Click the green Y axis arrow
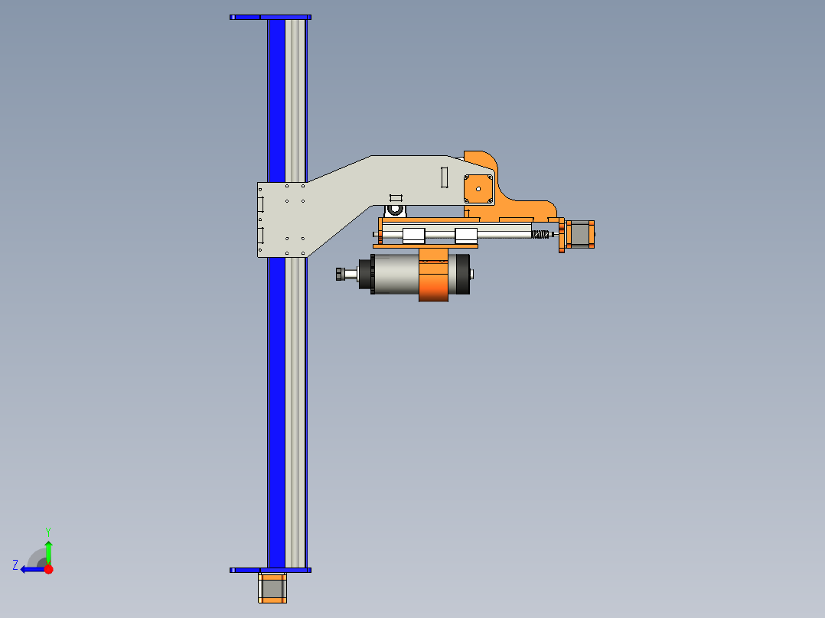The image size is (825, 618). (x=48, y=551)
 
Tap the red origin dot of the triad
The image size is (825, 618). (x=48, y=569)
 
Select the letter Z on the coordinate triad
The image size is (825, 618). (x=15, y=565)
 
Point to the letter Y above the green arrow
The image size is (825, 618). (x=47, y=531)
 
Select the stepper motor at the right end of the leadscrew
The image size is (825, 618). (x=580, y=235)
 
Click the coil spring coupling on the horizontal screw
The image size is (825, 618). (x=541, y=235)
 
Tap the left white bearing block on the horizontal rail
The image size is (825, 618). (x=413, y=236)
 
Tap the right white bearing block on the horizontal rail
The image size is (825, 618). (x=465, y=236)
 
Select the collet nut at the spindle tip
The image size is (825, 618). (x=341, y=274)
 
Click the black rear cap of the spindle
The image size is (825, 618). (x=462, y=274)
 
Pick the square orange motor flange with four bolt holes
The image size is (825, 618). (x=479, y=188)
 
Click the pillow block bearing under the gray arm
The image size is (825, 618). (x=395, y=208)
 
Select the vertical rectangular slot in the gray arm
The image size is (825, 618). (x=443, y=177)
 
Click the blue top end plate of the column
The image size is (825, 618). (x=270, y=17)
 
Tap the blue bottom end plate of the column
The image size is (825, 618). (x=270, y=570)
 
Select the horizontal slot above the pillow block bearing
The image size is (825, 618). (x=395, y=197)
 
